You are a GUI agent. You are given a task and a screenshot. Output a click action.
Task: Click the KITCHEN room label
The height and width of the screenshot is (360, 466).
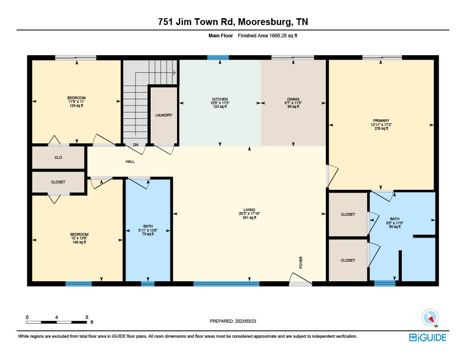pos(220,99)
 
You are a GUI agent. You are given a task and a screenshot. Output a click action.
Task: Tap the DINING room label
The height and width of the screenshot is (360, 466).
pos(293,99)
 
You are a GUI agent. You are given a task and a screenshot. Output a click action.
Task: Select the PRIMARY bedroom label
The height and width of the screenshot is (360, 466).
pos(381,121)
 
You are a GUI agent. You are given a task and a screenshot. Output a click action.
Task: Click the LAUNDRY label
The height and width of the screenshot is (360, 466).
pos(163,115)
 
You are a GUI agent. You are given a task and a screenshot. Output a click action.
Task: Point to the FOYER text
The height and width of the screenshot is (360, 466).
pos(301,262)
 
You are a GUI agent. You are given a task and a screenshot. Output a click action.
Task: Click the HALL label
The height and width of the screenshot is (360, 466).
pos(130,162)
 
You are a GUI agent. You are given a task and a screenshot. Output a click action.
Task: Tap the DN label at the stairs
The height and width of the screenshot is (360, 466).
pos(135,145)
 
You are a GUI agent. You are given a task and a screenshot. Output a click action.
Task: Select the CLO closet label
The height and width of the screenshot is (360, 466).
pos(58,157)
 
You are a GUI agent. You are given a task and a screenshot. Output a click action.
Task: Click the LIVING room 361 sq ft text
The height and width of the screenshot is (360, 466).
pos(249,218)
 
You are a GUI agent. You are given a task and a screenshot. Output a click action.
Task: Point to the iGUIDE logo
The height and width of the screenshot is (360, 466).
pos(427,337)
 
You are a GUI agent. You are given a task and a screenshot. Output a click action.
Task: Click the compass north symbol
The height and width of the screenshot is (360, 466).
pos(430,317)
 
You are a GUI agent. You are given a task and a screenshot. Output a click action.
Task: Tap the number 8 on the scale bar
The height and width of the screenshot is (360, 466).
pos(86,317)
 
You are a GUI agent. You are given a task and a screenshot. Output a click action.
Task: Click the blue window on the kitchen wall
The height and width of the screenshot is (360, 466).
pos(218,57)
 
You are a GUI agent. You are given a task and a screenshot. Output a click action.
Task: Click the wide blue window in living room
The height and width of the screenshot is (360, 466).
pos(226,284)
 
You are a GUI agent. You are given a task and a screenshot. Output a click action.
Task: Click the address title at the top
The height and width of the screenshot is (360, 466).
pos(233,21)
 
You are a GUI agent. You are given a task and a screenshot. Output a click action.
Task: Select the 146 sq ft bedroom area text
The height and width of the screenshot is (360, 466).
pos(76,242)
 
